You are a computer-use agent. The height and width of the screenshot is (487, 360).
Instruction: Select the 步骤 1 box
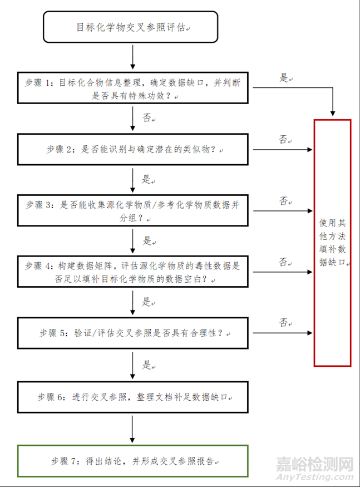pos(134,88)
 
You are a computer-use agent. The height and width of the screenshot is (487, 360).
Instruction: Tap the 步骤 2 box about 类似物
pos(134,150)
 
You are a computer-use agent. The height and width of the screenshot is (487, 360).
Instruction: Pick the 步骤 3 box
pos(134,211)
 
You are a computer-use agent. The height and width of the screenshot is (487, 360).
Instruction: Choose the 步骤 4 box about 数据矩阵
pos(134,272)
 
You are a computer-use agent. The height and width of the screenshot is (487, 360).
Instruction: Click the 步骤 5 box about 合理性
pos(134,333)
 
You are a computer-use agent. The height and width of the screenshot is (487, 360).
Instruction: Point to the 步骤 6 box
pos(134,397)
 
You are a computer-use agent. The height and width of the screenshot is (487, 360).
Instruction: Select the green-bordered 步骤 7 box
pos(133,460)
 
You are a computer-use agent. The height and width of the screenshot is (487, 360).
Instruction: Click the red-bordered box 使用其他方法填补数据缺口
pos(332,243)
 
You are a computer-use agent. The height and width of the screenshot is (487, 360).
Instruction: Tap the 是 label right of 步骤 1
pos(284,78)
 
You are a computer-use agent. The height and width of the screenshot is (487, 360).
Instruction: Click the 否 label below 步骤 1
pos(146,118)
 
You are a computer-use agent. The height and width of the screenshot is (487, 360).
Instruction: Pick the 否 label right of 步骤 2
pos(284,140)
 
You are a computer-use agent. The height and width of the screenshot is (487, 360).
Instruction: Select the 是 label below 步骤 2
pos(146,180)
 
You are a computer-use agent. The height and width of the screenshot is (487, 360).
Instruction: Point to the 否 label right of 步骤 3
pos(284,201)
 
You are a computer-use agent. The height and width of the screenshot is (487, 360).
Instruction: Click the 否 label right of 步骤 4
pos(284,262)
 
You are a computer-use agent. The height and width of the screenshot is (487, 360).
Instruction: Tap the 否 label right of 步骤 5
pos(284,323)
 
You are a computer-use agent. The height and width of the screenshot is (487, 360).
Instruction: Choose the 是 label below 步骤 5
pos(146,365)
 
